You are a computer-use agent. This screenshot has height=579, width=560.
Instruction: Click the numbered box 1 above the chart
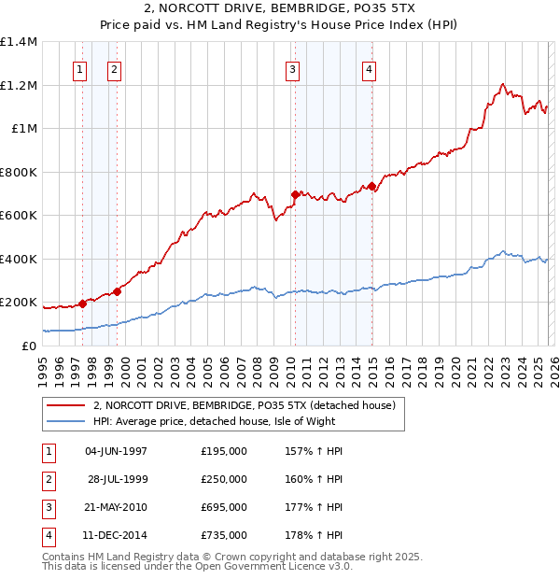point(79,68)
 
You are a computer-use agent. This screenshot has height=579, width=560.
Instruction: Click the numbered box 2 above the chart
point(114,68)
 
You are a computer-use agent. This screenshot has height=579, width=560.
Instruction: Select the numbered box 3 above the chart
point(293,68)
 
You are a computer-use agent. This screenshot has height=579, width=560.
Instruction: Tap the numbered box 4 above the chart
point(370,68)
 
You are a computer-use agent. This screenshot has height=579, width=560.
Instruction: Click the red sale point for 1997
point(82,303)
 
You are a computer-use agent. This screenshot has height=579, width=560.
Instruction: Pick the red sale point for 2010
point(295,194)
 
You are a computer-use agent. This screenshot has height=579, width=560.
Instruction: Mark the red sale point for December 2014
point(371,186)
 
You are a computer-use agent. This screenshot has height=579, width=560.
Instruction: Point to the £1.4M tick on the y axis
point(19,42)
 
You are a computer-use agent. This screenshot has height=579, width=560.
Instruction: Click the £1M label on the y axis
point(24,129)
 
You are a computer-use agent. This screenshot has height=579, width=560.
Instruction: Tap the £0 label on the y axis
point(29,346)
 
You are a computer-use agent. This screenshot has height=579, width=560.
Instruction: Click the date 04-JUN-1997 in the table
point(116,451)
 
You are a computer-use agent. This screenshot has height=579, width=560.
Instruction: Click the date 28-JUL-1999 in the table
point(118,479)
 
